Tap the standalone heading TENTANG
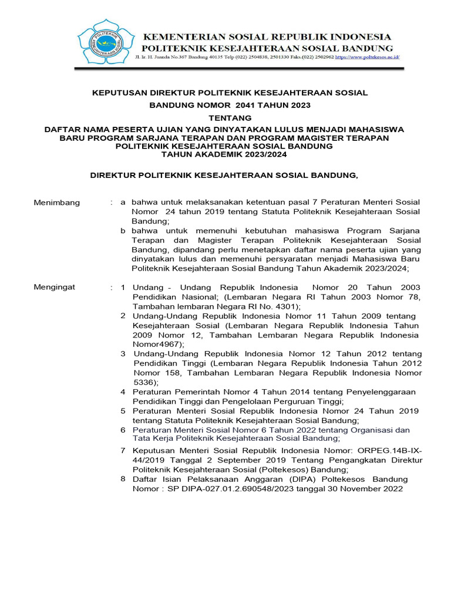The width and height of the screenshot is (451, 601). [x=225, y=118]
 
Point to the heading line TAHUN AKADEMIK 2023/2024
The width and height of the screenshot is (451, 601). [x=225, y=154]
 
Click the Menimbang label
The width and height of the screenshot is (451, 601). [x=56, y=202]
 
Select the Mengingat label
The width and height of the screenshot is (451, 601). [x=55, y=288]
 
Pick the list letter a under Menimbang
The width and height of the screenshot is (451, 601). [x=123, y=202]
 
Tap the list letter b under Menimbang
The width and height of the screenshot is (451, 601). [x=123, y=231]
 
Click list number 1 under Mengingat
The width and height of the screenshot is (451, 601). [x=123, y=288]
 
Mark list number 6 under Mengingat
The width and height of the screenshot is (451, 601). [x=123, y=430]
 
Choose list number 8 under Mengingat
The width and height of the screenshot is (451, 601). [x=123, y=479]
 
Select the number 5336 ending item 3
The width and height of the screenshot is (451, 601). [x=144, y=381]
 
